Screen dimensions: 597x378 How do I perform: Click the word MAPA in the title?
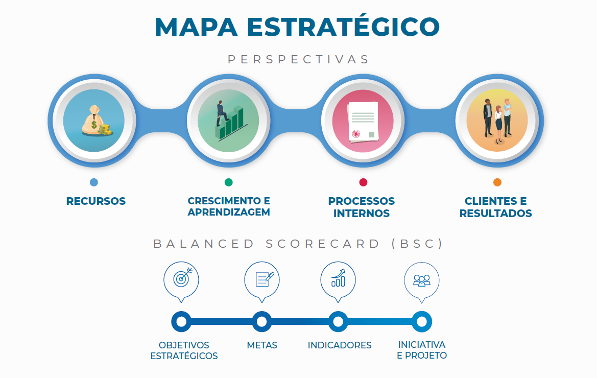[196, 27]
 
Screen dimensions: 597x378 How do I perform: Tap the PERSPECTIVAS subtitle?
[298, 59]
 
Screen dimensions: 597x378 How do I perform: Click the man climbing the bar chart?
[222, 113]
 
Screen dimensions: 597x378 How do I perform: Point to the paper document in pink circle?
[363, 122]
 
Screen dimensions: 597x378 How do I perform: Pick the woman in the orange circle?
[498, 124]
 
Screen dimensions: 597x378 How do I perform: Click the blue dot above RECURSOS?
[93, 182]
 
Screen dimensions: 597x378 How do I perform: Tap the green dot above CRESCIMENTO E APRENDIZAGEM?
[228, 182]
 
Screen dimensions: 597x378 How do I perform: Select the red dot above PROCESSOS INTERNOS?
[363, 182]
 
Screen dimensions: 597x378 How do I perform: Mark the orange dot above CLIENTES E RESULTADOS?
[497, 182]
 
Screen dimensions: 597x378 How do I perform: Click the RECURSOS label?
[96, 201]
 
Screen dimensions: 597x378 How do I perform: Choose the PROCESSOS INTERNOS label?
[362, 207]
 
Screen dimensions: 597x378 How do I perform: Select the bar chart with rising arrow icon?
[338, 278]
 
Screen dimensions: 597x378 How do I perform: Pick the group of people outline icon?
[422, 280]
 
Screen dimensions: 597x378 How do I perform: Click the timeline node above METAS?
[262, 322]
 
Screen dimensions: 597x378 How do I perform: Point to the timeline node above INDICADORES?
[338, 322]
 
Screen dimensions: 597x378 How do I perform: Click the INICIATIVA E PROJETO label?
[422, 350]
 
